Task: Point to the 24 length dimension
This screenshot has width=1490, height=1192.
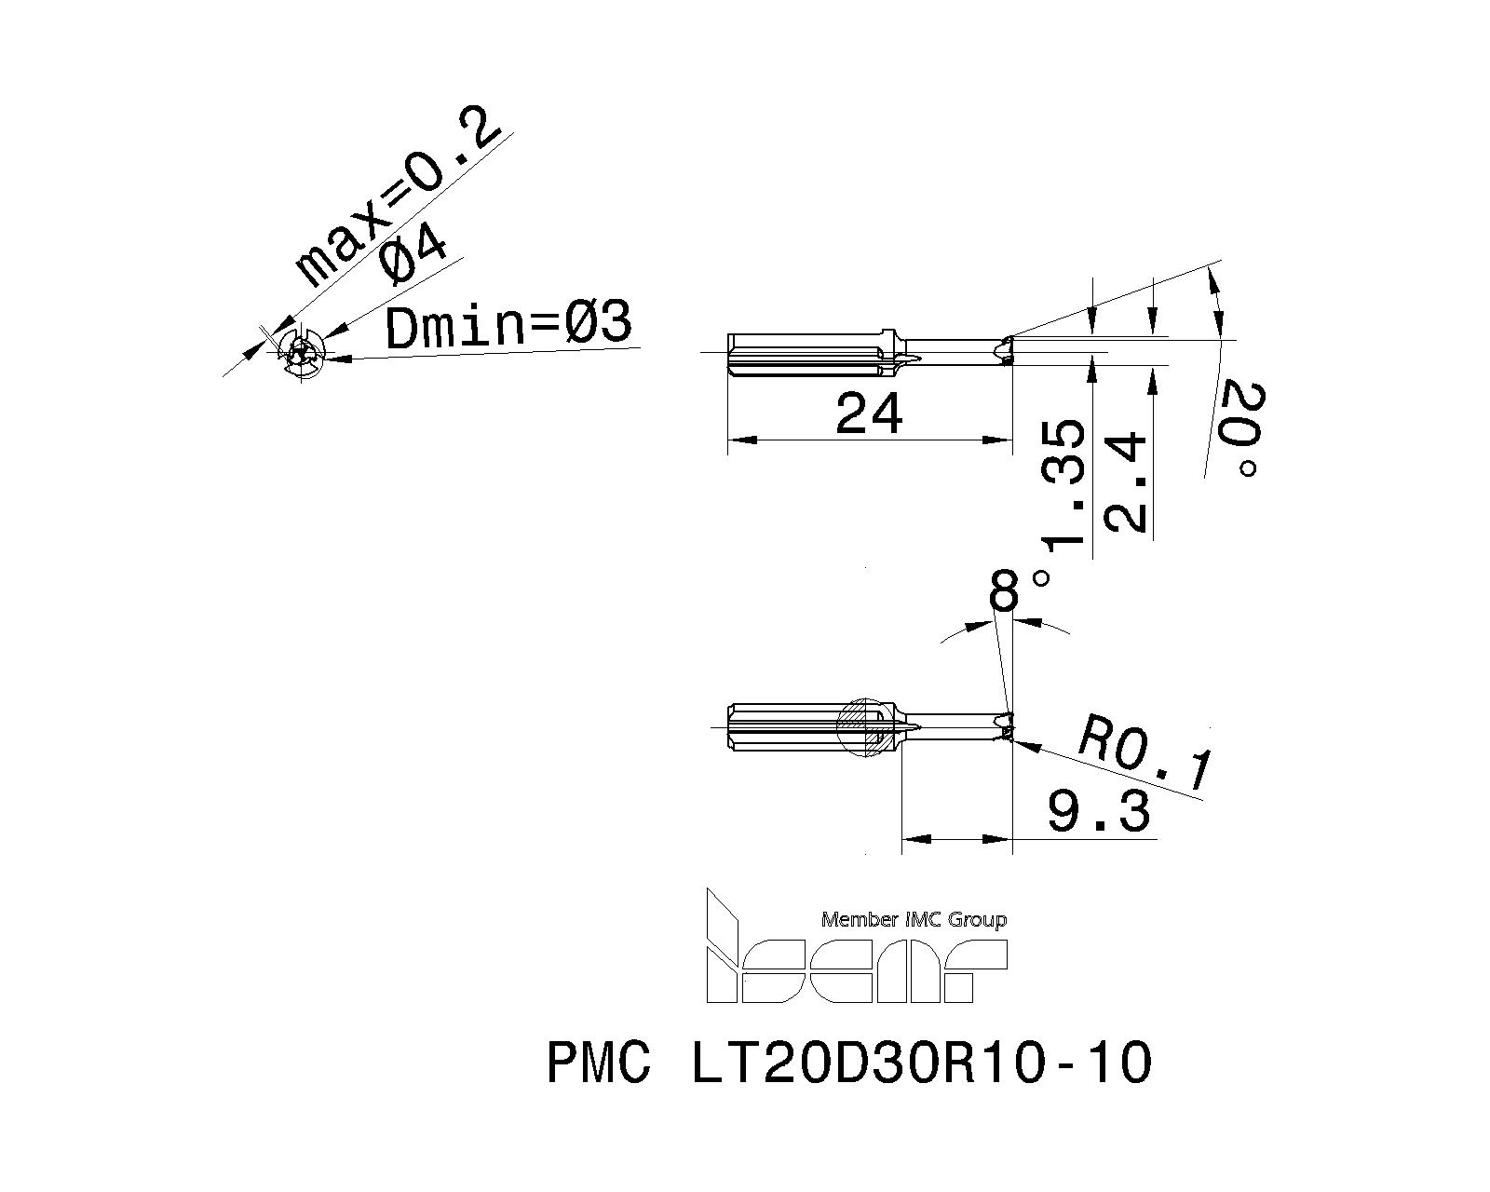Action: (x=869, y=413)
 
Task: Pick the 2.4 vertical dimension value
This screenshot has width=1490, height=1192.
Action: (x=1124, y=481)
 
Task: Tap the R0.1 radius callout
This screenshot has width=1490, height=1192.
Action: (x=1145, y=752)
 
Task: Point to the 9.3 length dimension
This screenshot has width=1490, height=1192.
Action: (x=1099, y=811)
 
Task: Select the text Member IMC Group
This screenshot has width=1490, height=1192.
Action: (x=913, y=920)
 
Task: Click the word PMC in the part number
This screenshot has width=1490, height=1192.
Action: (x=599, y=1063)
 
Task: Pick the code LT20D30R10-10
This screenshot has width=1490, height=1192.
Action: (x=920, y=1063)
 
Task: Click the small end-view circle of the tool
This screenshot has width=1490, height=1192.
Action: (x=302, y=353)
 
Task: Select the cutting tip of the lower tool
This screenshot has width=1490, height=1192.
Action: (x=1004, y=725)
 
